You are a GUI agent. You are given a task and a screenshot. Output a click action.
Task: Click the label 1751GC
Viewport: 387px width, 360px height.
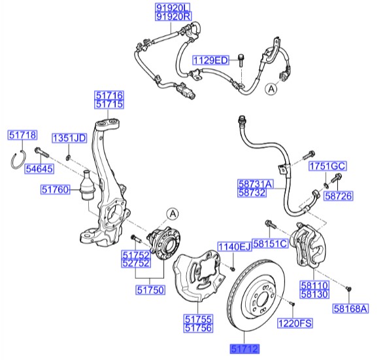[327, 166]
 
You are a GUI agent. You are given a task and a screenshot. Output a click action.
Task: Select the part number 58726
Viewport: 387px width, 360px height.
[338, 195]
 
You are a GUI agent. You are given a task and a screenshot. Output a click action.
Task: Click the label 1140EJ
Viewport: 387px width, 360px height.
[234, 246]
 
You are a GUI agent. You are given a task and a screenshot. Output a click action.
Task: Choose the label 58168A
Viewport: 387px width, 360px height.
[351, 308]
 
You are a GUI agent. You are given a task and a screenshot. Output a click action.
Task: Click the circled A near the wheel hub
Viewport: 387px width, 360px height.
[172, 212]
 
